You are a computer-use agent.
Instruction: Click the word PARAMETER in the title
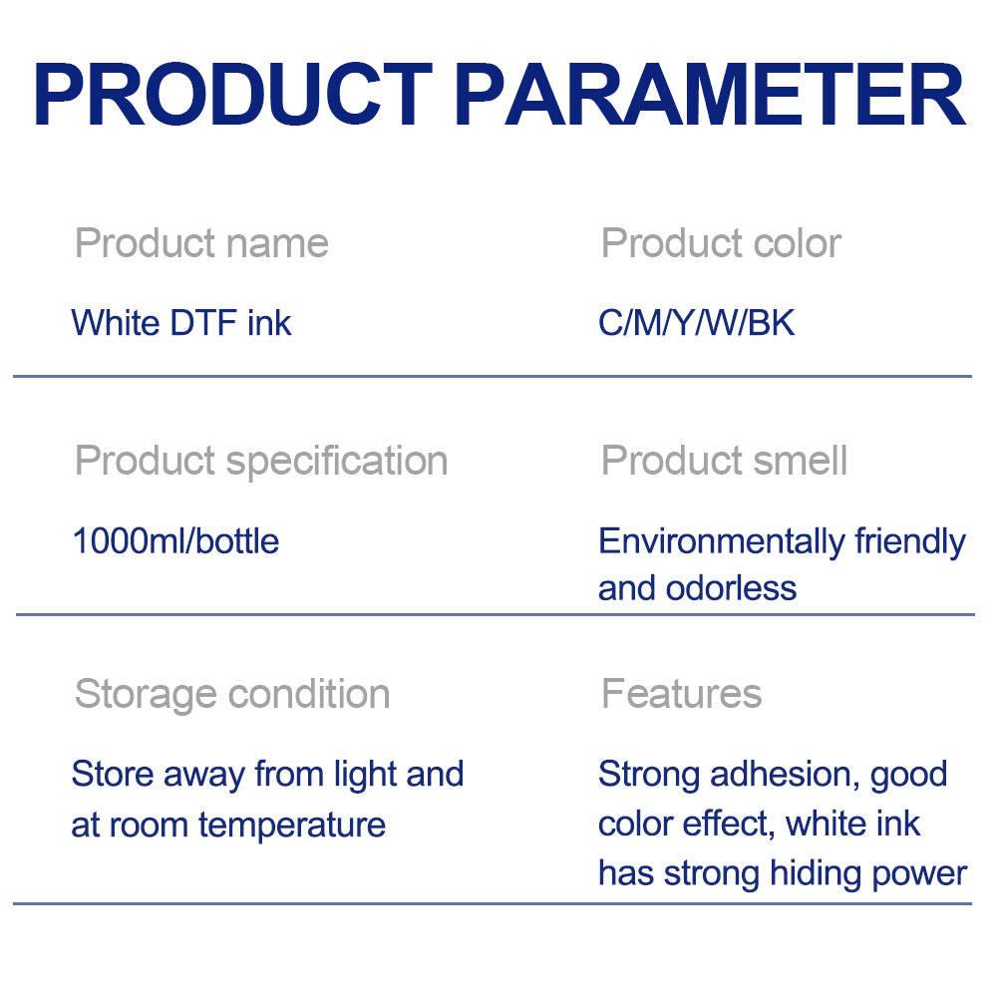(x=710, y=94)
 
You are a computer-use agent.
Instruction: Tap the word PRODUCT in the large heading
(x=233, y=94)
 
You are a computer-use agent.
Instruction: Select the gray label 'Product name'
(x=201, y=243)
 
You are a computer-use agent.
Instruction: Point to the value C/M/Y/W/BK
(x=696, y=323)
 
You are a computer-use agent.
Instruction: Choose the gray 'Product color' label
(x=721, y=243)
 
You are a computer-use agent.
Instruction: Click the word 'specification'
(x=337, y=462)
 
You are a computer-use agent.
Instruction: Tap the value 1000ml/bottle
(x=175, y=541)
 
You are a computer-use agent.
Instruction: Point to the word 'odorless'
(x=731, y=589)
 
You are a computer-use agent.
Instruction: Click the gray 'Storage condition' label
(x=232, y=694)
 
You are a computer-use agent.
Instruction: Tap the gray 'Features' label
(x=682, y=694)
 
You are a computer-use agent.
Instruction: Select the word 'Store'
(x=113, y=775)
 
